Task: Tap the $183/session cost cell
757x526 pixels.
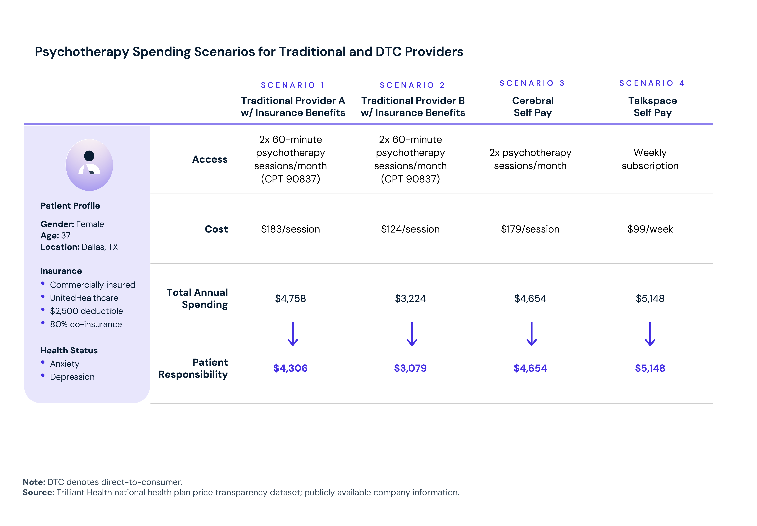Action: (290, 229)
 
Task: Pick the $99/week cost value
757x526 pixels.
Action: (650, 229)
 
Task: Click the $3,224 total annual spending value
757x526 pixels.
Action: (410, 298)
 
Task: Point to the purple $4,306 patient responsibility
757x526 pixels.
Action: (290, 368)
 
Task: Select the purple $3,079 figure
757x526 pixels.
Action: (410, 368)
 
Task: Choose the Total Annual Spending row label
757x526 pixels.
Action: (197, 298)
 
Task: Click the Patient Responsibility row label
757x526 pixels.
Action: (193, 368)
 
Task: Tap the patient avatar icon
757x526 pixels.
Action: (89, 165)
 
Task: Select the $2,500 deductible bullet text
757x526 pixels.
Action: (86, 311)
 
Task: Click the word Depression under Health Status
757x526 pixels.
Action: (72, 377)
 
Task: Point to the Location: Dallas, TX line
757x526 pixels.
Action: (79, 247)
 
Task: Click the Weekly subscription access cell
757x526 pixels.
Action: (650, 159)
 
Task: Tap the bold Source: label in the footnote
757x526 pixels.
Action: (38, 492)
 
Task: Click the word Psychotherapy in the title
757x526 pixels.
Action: (82, 52)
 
